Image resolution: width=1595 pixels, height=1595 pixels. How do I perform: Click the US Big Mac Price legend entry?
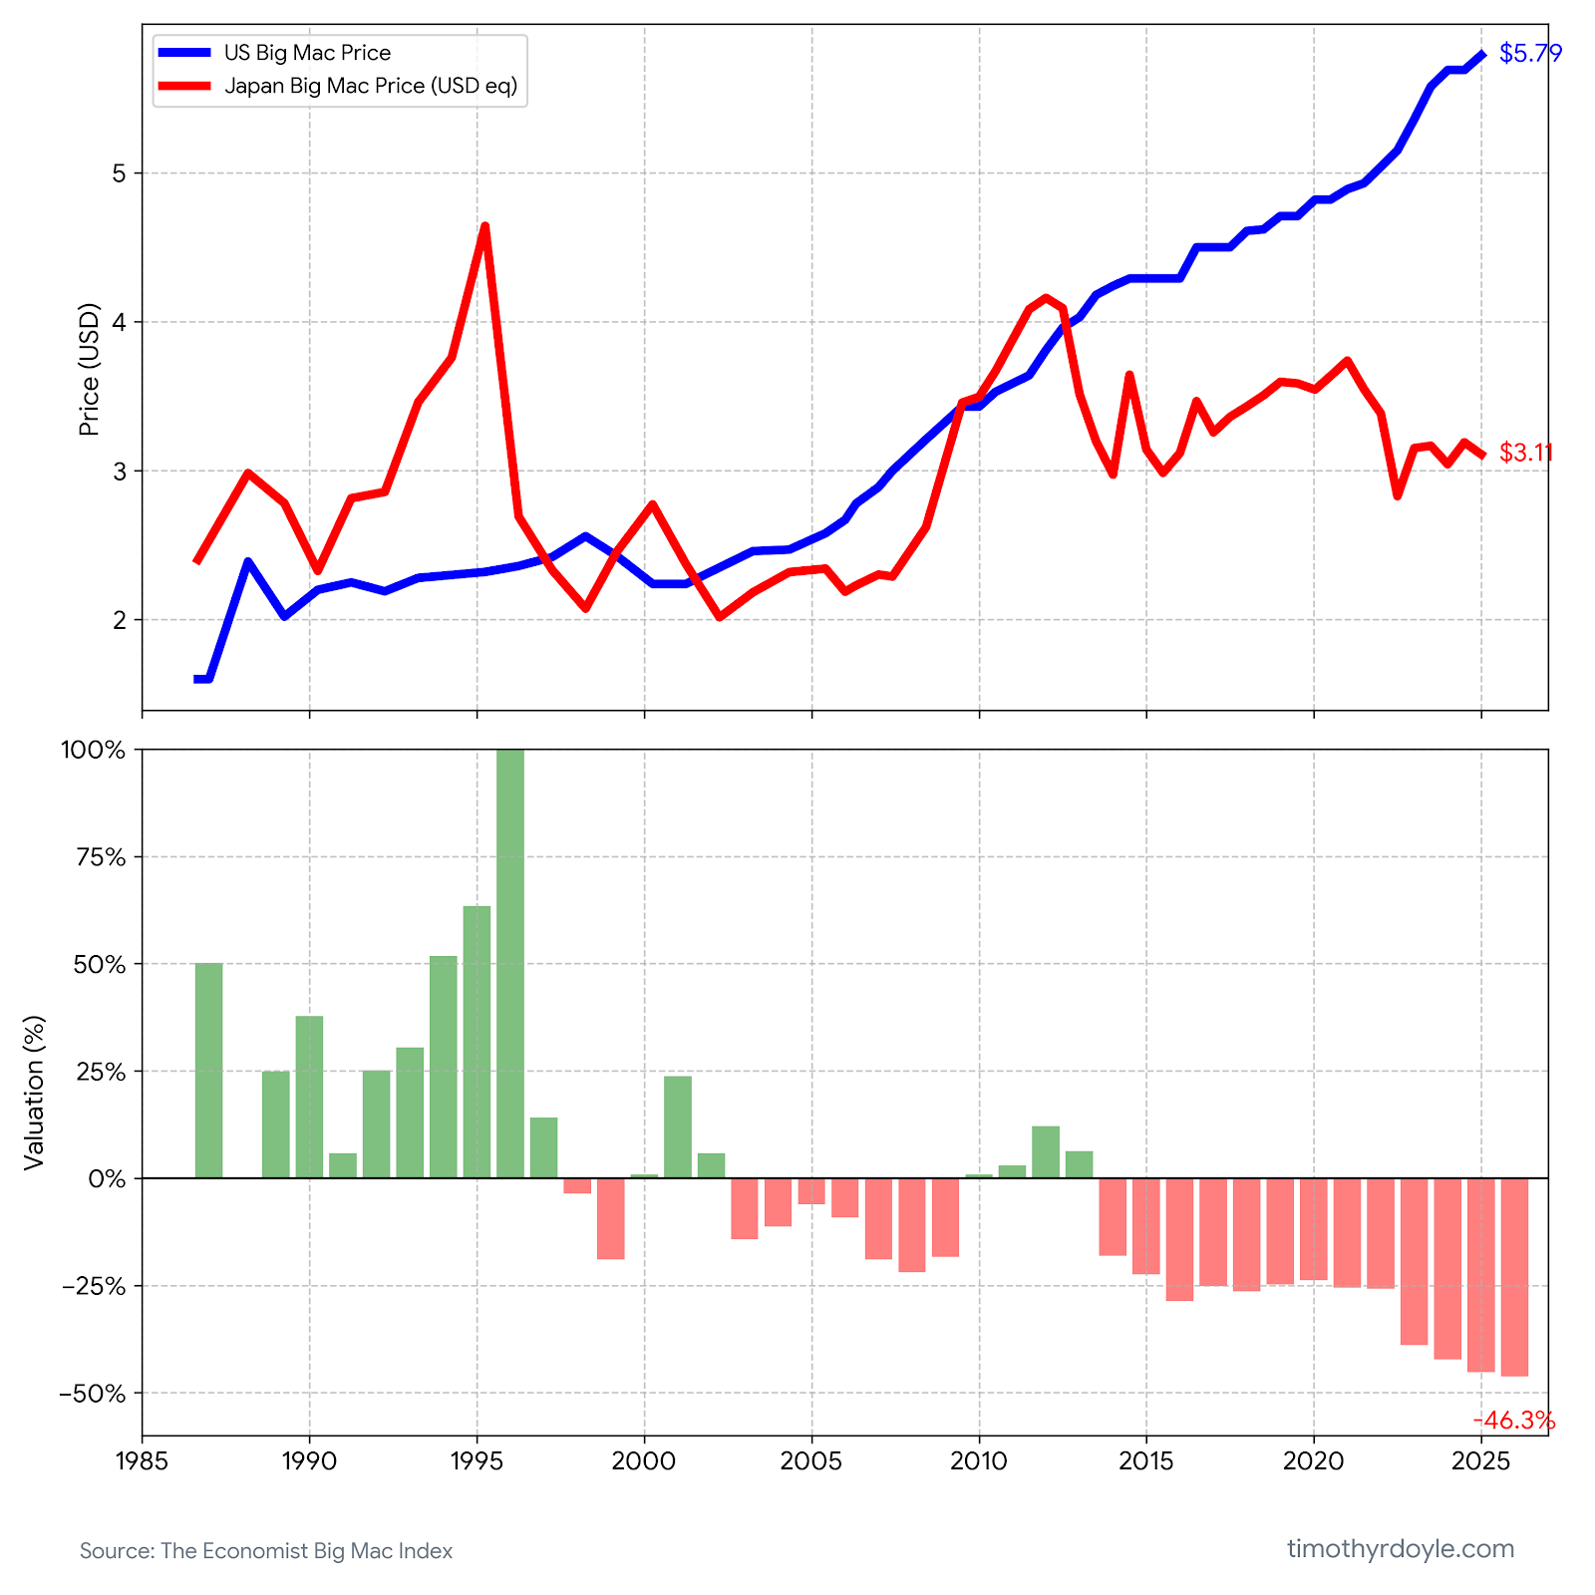(x=306, y=53)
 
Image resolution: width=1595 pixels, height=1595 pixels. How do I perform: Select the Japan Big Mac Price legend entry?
(x=370, y=86)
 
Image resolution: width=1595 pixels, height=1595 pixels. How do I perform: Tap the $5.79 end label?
(x=1529, y=54)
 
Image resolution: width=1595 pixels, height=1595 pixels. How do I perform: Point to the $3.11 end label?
(x=1525, y=453)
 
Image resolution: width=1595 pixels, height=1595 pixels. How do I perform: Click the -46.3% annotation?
(x=1513, y=1421)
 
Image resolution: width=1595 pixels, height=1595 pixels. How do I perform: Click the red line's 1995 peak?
(x=484, y=226)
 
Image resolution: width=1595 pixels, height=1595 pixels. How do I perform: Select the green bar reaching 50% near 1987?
(x=208, y=1071)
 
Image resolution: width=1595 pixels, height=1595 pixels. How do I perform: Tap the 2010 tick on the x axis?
(x=979, y=1461)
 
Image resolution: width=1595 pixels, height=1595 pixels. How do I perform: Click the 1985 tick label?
(x=142, y=1461)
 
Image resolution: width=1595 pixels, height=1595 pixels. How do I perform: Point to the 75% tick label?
(x=94, y=857)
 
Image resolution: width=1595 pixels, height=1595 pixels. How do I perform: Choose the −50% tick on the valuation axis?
(x=94, y=1394)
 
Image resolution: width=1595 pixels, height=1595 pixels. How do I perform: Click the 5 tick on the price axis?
(x=120, y=173)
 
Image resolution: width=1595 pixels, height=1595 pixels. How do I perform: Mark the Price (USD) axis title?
(x=90, y=369)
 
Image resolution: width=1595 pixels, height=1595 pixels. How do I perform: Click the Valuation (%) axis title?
(x=34, y=1092)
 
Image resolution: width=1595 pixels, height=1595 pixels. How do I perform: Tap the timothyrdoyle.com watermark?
(x=1400, y=1548)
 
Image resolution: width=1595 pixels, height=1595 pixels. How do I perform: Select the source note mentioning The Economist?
(x=266, y=1551)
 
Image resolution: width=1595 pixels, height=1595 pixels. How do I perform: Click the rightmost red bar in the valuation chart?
(x=1514, y=1277)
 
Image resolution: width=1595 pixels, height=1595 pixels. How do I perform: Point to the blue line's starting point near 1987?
(x=197, y=679)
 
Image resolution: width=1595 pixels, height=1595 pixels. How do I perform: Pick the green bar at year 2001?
(x=678, y=1127)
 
